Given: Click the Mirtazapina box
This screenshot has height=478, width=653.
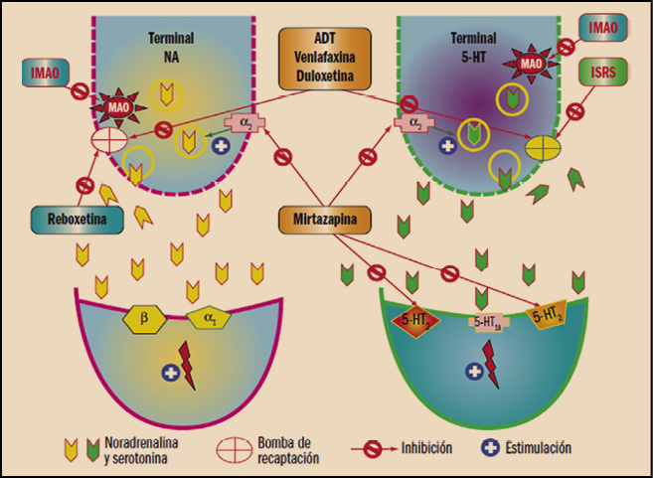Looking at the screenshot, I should (326, 218).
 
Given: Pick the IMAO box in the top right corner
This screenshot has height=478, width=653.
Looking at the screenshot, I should (603, 28).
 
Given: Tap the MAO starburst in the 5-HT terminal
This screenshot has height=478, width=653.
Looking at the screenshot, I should (530, 65).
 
